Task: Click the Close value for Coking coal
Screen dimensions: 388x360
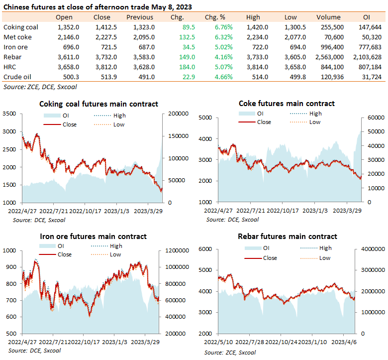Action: pos(106,27)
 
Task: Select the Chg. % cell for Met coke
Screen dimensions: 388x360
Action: pos(224,37)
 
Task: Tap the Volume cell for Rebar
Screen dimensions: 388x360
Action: pos(329,57)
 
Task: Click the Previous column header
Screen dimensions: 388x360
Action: pos(140,17)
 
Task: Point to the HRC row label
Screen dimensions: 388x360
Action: pos(9,67)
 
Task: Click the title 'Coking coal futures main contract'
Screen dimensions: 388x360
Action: pos(98,104)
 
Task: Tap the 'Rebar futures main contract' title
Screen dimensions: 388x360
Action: pos(288,237)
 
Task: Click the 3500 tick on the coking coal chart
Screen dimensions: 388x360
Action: pos(9,114)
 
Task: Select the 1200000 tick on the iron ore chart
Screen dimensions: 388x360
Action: pos(177,250)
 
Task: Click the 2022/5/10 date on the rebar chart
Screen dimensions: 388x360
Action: pos(218,342)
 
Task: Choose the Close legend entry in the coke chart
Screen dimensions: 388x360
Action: pos(255,122)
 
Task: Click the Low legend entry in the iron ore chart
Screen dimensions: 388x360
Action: pos(106,255)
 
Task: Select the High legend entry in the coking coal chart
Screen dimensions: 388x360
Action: pos(110,116)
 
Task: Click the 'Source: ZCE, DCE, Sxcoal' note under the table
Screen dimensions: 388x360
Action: pos(40,87)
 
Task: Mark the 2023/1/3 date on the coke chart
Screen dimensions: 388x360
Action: pos(315,211)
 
